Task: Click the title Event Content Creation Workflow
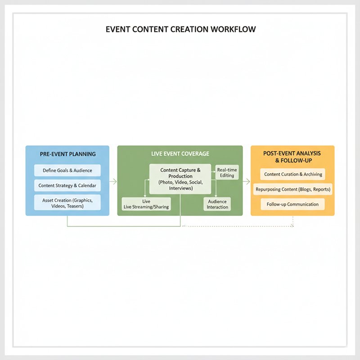tap(180, 29)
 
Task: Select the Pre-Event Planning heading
tap(68, 154)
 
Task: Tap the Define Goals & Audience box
tap(67, 171)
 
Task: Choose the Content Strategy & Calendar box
tap(67, 185)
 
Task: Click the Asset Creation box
tap(67, 202)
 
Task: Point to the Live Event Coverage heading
tap(180, 154)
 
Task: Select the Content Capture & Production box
tap(180, 179)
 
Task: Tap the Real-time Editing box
tap(227, 172)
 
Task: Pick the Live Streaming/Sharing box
tap(146, 204)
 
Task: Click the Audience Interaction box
tap(217, 204)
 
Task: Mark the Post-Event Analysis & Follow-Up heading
tap(292, 157)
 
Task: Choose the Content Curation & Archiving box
tap(293, 174)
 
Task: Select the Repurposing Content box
tap(293, 189)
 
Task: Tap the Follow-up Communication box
tap(293, 204)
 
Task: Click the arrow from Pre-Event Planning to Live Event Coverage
tap(113, 182)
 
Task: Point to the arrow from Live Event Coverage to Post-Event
tap(246, 182)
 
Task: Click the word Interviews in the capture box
tap(181, 188)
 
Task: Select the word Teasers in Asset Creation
tap(75, 206)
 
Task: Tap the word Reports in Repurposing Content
tap(322, 189)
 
